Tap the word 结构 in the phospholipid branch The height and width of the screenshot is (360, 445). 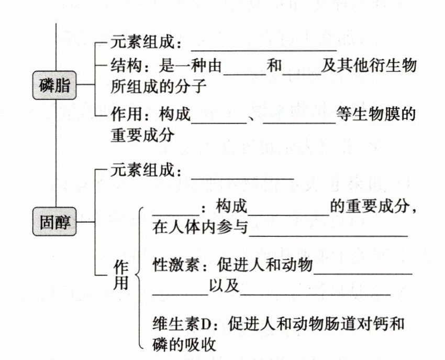pos(124,67)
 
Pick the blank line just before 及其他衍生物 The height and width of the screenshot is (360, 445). pos(302,72)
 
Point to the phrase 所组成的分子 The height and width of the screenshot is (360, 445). pos(155,86)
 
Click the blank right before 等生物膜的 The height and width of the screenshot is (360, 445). pos(299,120)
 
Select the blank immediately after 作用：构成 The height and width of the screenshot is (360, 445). pos(219,120)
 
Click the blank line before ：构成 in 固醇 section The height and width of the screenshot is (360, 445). pos(173,212)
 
